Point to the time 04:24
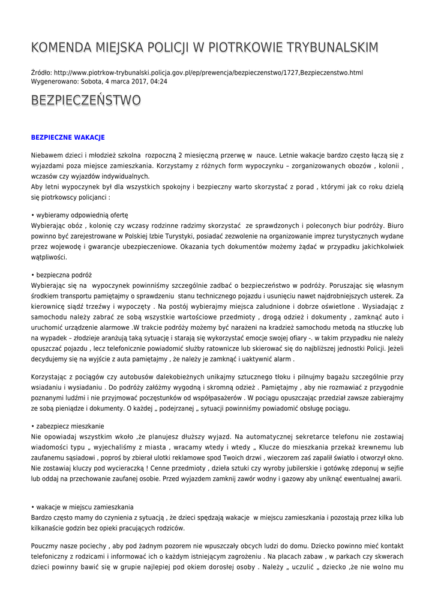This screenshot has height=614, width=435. tap(159, 81)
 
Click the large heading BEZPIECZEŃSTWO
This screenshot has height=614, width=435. tap(86, 100)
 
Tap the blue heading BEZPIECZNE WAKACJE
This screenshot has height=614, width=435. tap(68, 137)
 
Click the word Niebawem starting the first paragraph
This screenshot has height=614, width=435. tap(49, 155)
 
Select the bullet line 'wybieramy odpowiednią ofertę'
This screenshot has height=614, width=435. tap(80, 215)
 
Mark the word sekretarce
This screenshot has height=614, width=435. tap(312, 435)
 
